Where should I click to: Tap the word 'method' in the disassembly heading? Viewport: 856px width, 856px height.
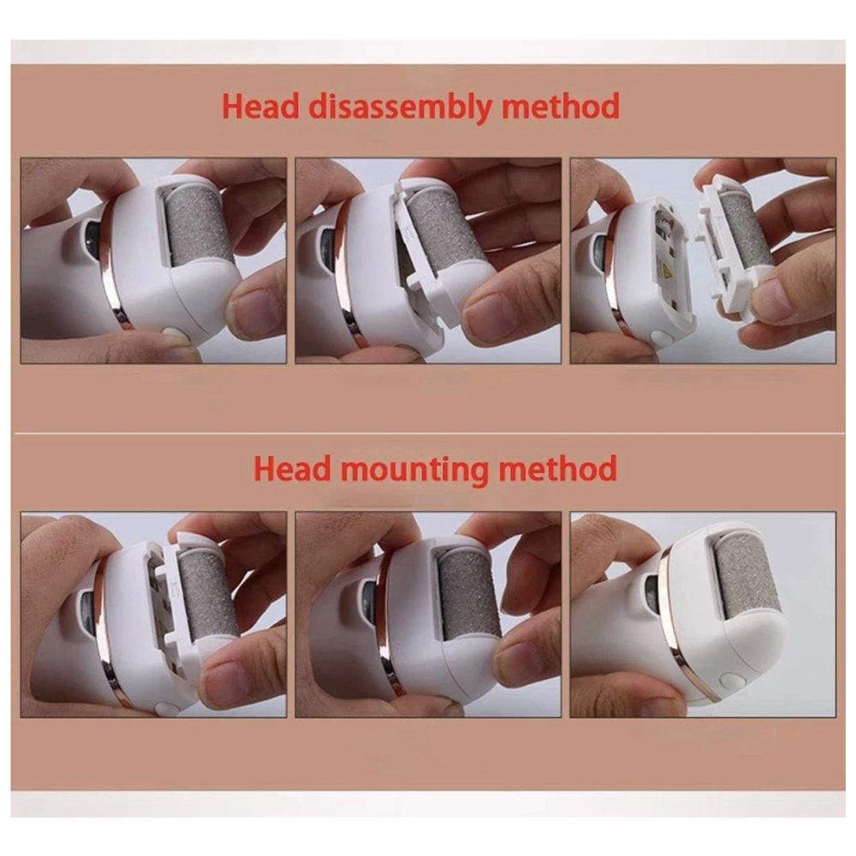click(x=560, y=106)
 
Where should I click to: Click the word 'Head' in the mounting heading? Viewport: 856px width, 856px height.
click(x=293, y=468)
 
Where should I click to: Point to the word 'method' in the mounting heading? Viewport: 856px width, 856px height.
click(x=558, y=468)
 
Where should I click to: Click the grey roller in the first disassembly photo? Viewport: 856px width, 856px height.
click(x=200, y=229)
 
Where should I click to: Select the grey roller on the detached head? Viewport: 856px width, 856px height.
click(x=746, y=235)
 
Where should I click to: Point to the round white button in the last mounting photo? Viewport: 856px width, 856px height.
click(x=728, y=681)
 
